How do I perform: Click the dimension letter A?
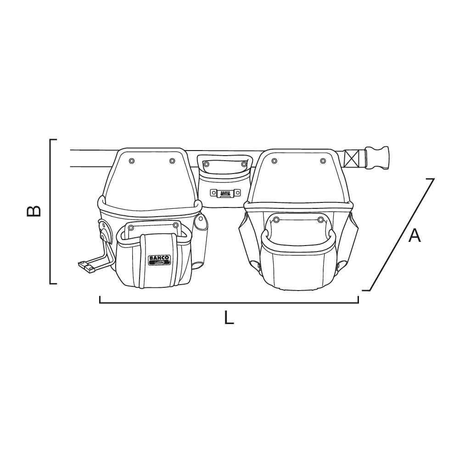[414, 235]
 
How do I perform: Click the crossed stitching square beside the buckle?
[353, 158]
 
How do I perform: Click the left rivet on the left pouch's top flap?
[131, 161]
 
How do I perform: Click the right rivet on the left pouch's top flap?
[172, 161]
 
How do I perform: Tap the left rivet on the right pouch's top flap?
[274, 161]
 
